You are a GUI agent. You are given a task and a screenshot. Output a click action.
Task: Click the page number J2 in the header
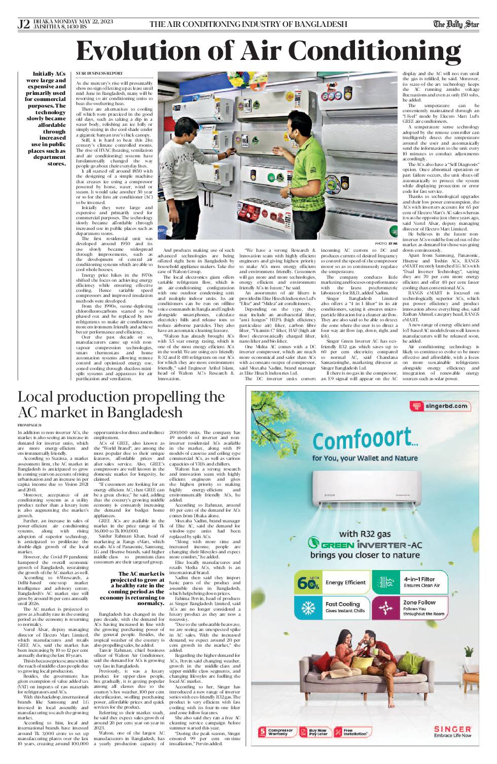[23, 24]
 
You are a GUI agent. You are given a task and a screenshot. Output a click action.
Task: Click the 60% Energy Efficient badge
[332, 582]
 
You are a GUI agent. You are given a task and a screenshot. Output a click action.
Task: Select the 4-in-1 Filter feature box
[410, 582]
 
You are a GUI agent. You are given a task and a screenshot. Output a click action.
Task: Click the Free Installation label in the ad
[354, 732]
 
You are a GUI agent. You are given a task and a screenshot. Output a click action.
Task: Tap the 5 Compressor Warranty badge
[276, 732]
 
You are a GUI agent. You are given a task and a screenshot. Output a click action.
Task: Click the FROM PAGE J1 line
[29, 424]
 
